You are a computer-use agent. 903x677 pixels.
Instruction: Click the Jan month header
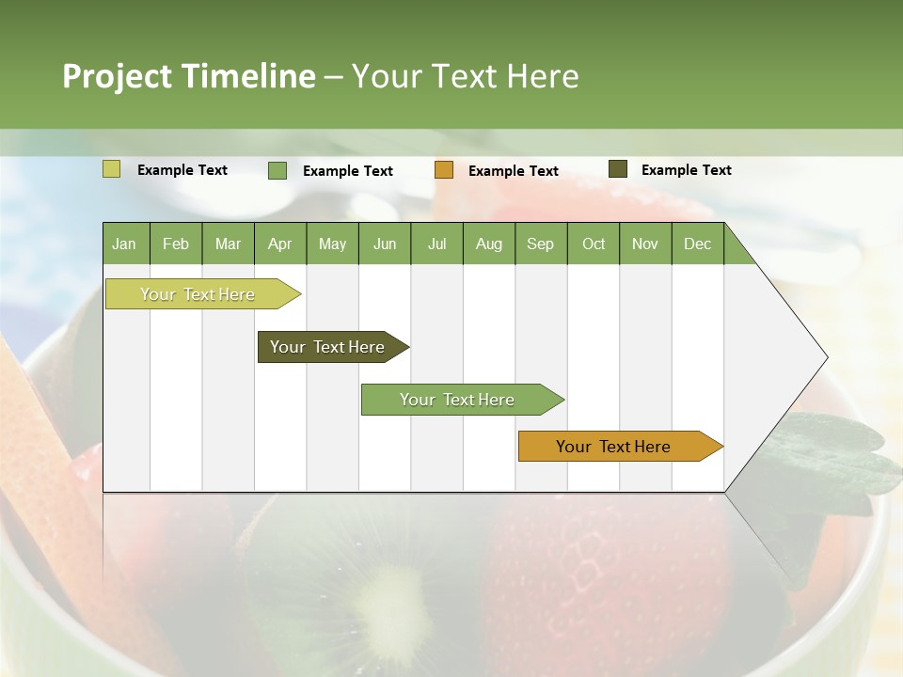pos(124,244)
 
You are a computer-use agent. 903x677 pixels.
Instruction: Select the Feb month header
pos(176,244)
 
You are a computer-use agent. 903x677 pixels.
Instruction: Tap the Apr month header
pos(279,244)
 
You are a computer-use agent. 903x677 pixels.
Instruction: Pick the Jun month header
pos(384,244)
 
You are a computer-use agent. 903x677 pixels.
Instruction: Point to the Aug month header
pos(488,244)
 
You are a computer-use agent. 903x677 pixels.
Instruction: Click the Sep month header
pos(540,244)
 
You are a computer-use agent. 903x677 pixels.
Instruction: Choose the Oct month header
pos(593,244)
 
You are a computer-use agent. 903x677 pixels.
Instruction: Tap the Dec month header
pos(697,244)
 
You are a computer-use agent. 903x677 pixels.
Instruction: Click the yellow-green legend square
pos(111,169)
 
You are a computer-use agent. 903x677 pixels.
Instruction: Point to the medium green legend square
pos(277,170)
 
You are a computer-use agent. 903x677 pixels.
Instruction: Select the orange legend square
pos(444,170)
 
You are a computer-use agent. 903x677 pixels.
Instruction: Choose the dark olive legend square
pos(617,169)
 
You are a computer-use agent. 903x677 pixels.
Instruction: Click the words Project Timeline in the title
pos(189,76)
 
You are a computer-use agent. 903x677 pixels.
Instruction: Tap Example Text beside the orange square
pos(513,171)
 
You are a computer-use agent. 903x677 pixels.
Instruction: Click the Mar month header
pos(228,244)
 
